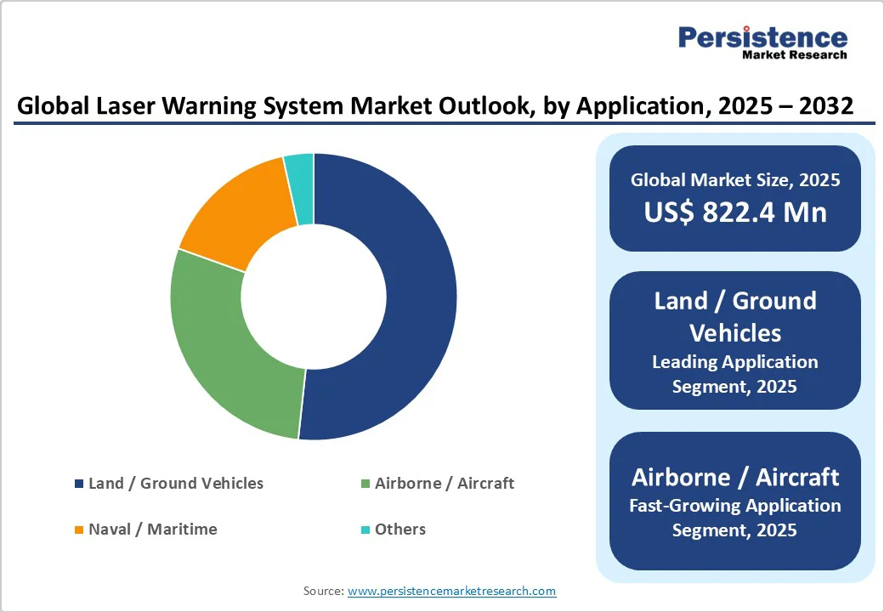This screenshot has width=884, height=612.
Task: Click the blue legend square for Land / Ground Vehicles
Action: pyautogui.click(x=79, y=484)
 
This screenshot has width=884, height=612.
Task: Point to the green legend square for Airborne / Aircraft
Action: pyautogui.click(x=365, y=484)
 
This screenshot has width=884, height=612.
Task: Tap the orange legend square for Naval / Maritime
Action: pyautogui.click(x=79, y=530)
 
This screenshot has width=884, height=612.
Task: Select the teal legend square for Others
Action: pyautogui.click(x=365, y=530)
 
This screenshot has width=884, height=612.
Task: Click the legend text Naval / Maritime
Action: pyautogui.click(x=153, y=530)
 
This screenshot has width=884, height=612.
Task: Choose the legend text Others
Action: pyautogui.click(x=400, y=530)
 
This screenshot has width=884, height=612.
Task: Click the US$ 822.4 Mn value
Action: pyautogui.click(x=735, y=212)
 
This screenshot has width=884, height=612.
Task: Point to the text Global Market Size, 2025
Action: pyautogui.click(x=735, y=179)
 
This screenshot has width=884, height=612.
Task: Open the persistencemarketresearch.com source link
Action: pyautogui.click(x=451, y=591)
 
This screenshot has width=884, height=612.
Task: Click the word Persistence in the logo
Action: pyautogui.click(x=762, y=37)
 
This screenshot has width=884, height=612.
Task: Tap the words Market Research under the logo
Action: pyautogui.click(x=795, y=55)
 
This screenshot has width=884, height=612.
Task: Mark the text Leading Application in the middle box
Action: pyautogui.click(x=735, y=362)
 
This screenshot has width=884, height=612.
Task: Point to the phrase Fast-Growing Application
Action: pyautogui.click(x=735, y=506)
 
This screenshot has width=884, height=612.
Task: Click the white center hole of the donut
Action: pyautogui.click(x=314, y=297)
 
